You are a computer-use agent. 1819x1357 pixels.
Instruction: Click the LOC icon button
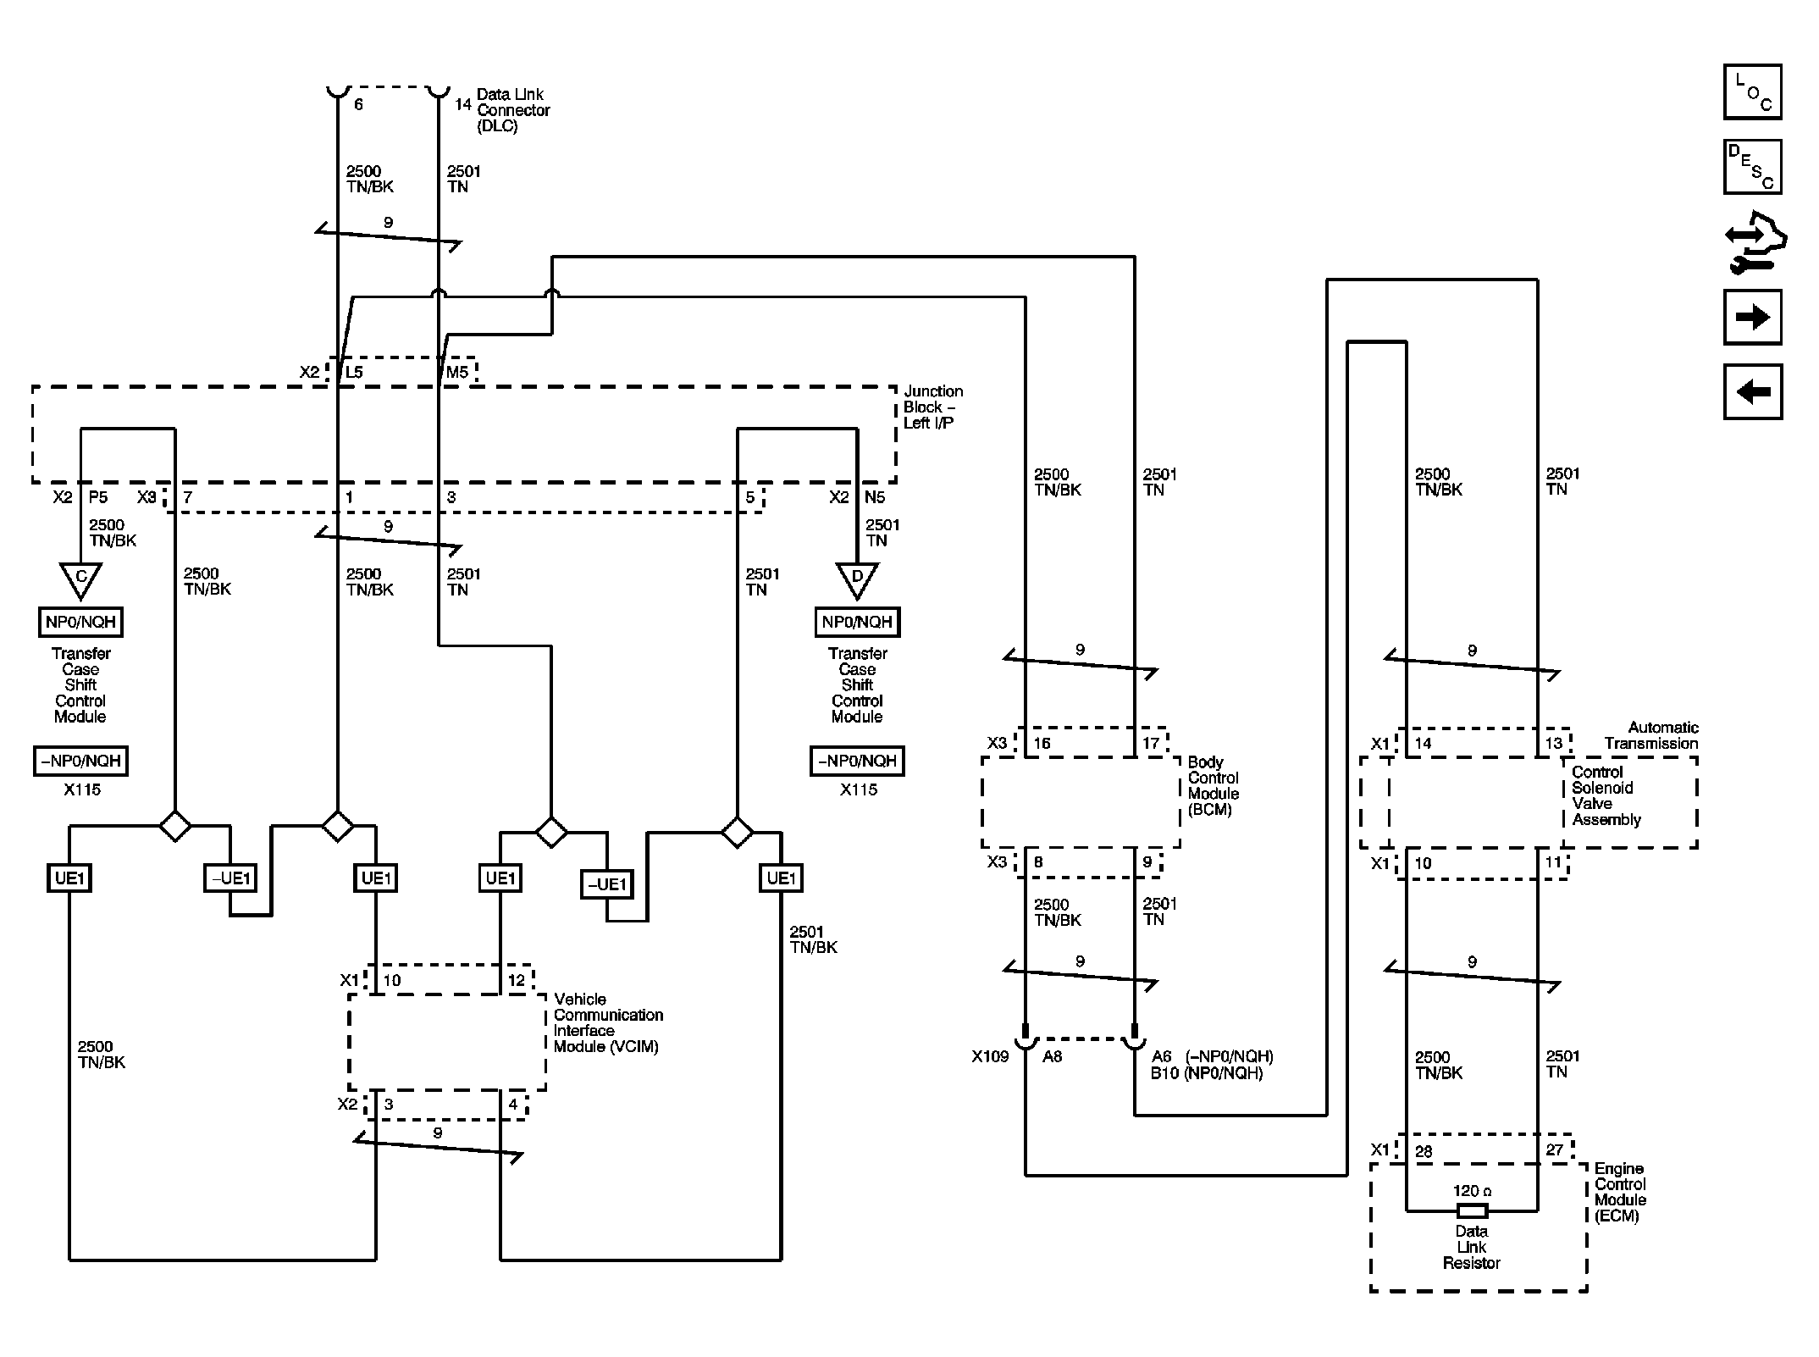coord(1753,91)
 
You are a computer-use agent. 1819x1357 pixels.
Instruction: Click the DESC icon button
coord(1753,167)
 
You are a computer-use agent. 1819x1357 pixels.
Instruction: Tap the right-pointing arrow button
coord(1753,317)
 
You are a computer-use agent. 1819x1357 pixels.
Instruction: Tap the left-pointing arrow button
coord(1753,391)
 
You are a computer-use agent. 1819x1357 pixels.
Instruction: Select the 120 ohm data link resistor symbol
coord(1472,1210)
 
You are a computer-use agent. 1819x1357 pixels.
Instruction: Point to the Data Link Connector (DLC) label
coord(513,110)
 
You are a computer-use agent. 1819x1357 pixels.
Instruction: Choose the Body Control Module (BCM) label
coord(1214,786)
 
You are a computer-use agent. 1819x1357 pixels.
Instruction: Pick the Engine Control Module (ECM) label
coord(1620,1192)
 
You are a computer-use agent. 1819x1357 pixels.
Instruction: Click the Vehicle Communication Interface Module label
coord(608,1022)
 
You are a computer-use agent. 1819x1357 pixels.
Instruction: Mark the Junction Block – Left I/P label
coord(932,407)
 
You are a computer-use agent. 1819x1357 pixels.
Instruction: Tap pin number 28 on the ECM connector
coord(1424,1150)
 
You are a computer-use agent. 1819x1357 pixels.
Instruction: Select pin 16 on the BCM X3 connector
coord(1042,743)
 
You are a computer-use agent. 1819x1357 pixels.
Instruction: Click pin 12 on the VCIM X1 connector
coord(517,980)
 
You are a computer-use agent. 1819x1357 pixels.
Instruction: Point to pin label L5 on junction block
coord(353,372)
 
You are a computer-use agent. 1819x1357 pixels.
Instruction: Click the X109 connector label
coord(990,1056)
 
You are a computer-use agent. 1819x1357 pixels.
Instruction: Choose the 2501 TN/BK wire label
coord(813,939)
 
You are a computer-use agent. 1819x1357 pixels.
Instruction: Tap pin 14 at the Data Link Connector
coord(462,104)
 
